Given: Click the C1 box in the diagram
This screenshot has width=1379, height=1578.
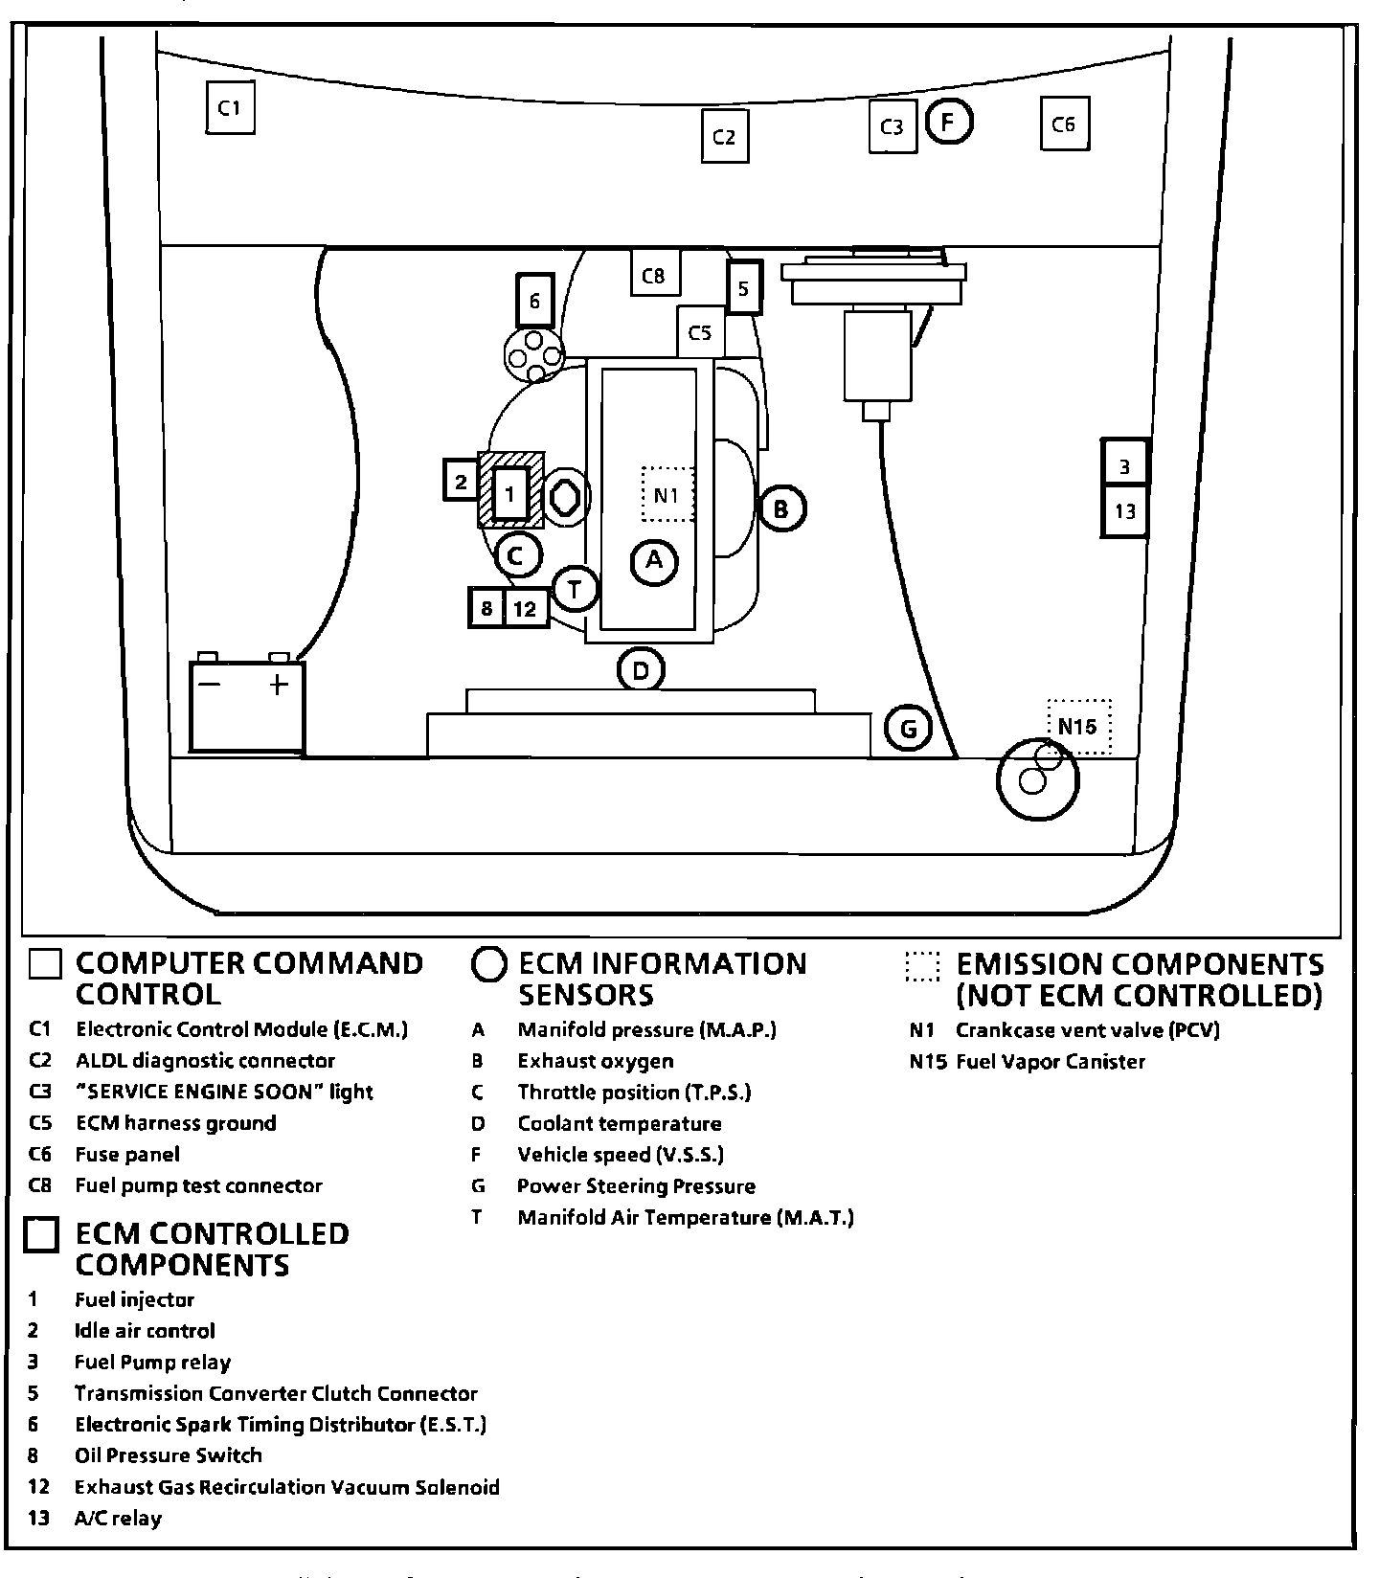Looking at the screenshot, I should coord(230,108).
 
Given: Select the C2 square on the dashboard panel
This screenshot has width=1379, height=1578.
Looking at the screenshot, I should coord(724,137).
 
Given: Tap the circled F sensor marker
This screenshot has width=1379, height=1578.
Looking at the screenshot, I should coord(949,122).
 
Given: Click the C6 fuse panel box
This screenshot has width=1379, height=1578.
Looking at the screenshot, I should coord(1064,124).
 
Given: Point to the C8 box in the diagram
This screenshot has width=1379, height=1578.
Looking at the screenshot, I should coord(654,274).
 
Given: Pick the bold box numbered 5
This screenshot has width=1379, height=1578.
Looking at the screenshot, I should coord(744,286).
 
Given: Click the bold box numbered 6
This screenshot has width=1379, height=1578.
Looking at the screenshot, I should coord(534,301).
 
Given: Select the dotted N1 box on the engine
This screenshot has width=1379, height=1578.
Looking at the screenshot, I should coord(667,494).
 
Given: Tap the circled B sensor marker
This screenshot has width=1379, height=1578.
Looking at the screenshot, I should coord(781,508).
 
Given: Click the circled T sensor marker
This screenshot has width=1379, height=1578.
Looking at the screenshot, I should coord(576,589).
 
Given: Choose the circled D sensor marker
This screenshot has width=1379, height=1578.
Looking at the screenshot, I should coord(641,670).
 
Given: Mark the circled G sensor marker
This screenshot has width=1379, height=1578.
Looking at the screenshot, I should coord(908,730).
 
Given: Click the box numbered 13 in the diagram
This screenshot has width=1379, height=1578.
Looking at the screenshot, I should coord(1124,511).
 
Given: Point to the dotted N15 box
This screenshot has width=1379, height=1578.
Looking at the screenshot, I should coord(1078,727).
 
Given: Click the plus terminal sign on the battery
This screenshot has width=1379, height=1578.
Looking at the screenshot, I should coord(278,685).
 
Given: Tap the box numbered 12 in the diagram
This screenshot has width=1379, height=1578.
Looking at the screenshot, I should coord(525,608).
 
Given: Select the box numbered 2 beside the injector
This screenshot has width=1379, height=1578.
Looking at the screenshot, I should coord(462,481).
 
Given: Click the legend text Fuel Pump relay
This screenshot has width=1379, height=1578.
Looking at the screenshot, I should coord(152,1362).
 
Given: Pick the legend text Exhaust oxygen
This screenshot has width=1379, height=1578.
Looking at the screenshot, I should coord(595,1061).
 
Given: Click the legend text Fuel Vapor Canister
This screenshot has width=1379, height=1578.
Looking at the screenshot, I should coord(1050,1061).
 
